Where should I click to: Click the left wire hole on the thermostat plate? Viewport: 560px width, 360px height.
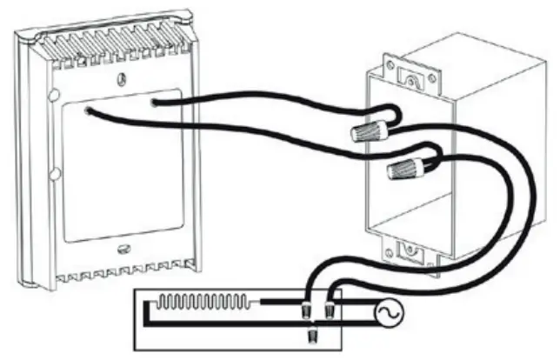90,110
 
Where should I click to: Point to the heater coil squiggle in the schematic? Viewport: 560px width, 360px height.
203,303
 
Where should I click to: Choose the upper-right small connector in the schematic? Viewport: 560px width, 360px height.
330,308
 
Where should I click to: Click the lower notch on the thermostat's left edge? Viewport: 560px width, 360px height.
55,175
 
